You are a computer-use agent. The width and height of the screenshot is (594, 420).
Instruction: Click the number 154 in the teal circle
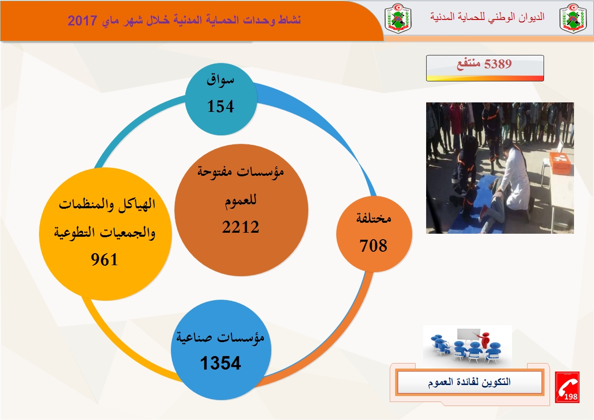(220, 106)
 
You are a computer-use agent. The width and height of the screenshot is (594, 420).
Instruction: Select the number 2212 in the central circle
(241, 227)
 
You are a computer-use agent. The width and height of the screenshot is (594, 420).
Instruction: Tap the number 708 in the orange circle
(374, 246)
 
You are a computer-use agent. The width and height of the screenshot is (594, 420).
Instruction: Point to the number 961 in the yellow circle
(104, 260)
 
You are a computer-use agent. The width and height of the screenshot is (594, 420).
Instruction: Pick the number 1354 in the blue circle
(220, 363)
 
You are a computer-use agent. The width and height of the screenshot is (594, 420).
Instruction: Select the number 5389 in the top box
(498, 64)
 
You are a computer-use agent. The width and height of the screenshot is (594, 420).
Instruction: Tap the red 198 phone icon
(567, 387)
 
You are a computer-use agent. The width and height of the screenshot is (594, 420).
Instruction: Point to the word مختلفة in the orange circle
(374, 219)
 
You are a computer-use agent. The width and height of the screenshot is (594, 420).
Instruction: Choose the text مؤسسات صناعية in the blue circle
(220, 337)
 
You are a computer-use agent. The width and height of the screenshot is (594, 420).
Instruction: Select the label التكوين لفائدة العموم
(470, 382)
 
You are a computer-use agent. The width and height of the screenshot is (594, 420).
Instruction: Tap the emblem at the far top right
(573, 18)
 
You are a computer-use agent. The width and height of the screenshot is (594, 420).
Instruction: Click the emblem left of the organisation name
(398, 18)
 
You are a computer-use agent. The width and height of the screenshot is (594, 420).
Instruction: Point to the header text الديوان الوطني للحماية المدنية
(487, 16)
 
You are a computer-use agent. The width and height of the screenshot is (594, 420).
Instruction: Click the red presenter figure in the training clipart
(484, 340)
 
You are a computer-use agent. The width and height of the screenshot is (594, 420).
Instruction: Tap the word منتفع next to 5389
(469, 64)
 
